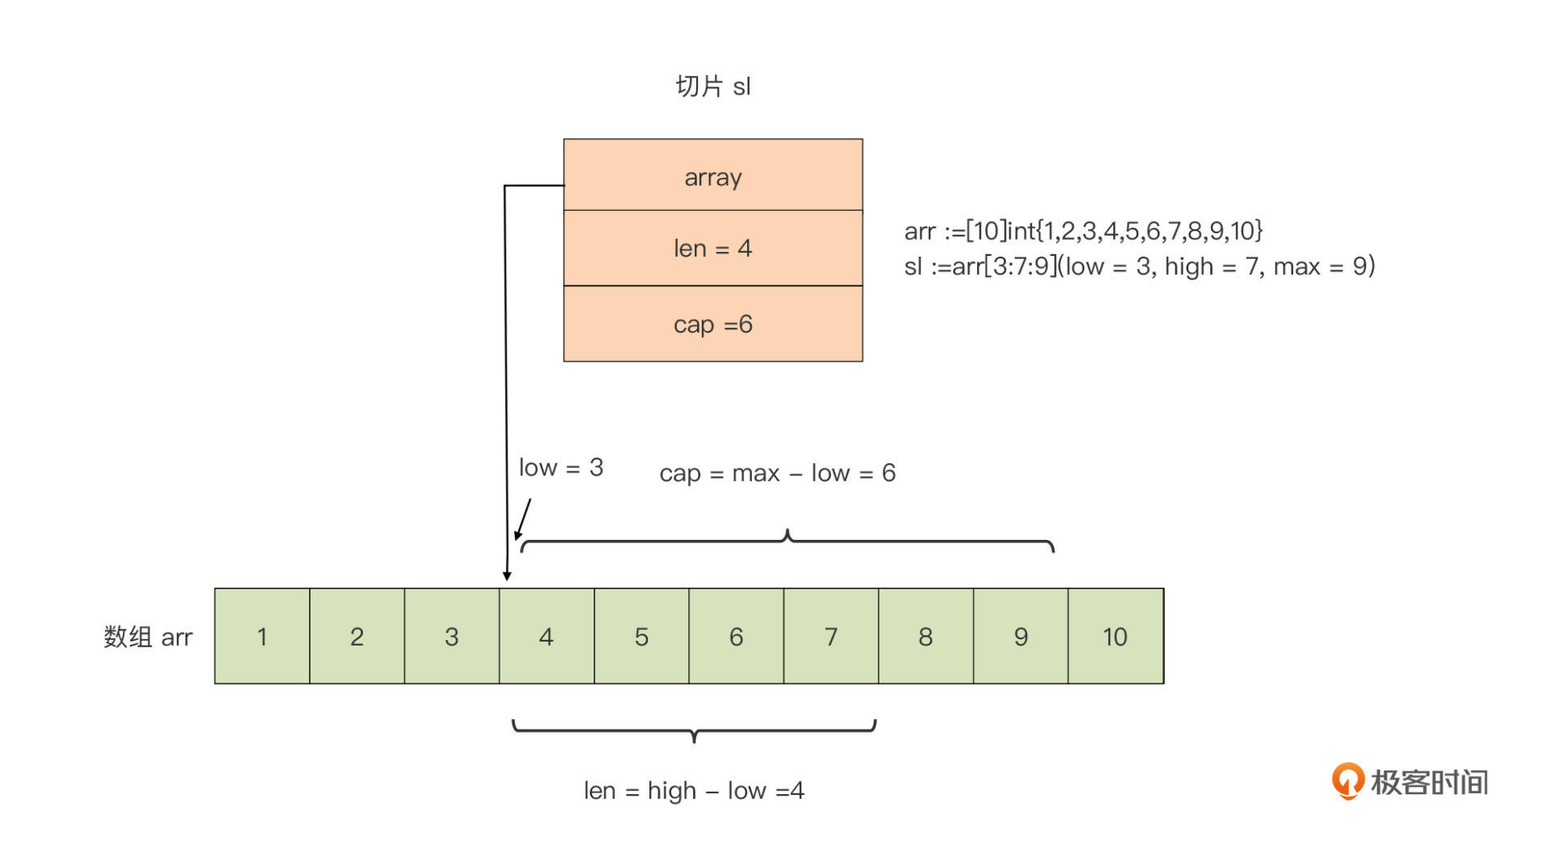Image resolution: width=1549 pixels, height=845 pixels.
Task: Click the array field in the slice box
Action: coord(713,175)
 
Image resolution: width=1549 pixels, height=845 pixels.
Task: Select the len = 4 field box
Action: coord(713,248)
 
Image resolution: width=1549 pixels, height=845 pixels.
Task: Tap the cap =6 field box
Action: coord(713,324)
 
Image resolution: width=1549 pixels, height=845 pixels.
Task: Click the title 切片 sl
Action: coord(713,86)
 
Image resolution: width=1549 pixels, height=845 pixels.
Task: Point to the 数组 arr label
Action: coord(148,637)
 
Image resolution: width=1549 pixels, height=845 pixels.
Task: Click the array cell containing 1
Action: coord(262,637)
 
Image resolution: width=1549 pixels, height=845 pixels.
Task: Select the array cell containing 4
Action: coord(547,637)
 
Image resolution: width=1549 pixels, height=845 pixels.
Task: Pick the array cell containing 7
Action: coord(831,637)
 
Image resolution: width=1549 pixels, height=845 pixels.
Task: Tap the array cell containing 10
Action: coord(1116,637)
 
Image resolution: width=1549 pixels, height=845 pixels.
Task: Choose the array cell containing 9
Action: coord(1021,637)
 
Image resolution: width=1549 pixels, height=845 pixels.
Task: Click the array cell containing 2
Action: coord(357,637)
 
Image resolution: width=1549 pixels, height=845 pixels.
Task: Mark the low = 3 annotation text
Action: coord(561,467)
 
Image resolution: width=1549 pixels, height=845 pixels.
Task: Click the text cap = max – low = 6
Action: coord(777,473)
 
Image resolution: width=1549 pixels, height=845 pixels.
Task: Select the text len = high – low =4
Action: coord(694,790)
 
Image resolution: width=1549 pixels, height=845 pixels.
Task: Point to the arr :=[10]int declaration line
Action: coord(1083,231)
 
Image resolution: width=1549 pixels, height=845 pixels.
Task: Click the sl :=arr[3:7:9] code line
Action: coord(1139,266)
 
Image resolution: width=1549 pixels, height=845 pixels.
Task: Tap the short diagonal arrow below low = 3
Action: coord(523,519)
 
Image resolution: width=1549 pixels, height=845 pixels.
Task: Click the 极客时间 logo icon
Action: coord(1347,780)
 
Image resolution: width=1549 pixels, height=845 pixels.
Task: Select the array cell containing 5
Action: coord(641,637)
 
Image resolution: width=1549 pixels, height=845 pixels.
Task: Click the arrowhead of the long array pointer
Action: coord(507,575)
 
